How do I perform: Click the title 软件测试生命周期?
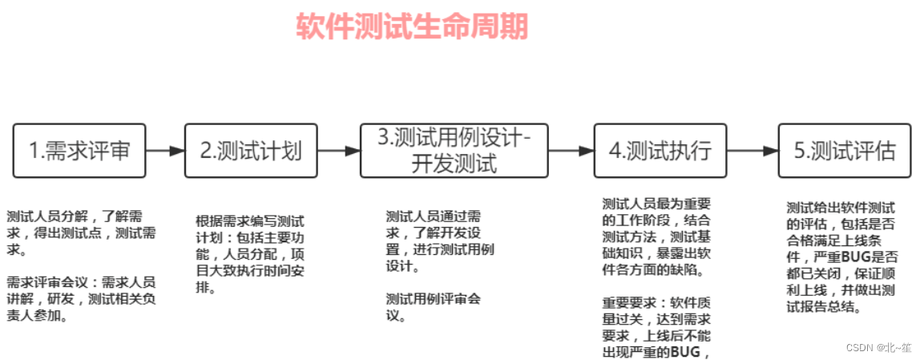coord(412,26)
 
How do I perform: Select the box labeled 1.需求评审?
coord(79,151)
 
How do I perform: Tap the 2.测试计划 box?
coord(251,151)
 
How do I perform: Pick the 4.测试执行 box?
coord(660,151)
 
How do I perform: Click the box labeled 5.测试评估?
coord(844,151)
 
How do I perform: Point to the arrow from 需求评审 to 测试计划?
coord(165,151)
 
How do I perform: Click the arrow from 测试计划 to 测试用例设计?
coord(338,151)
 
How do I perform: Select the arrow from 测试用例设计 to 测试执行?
coord(570,151)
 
